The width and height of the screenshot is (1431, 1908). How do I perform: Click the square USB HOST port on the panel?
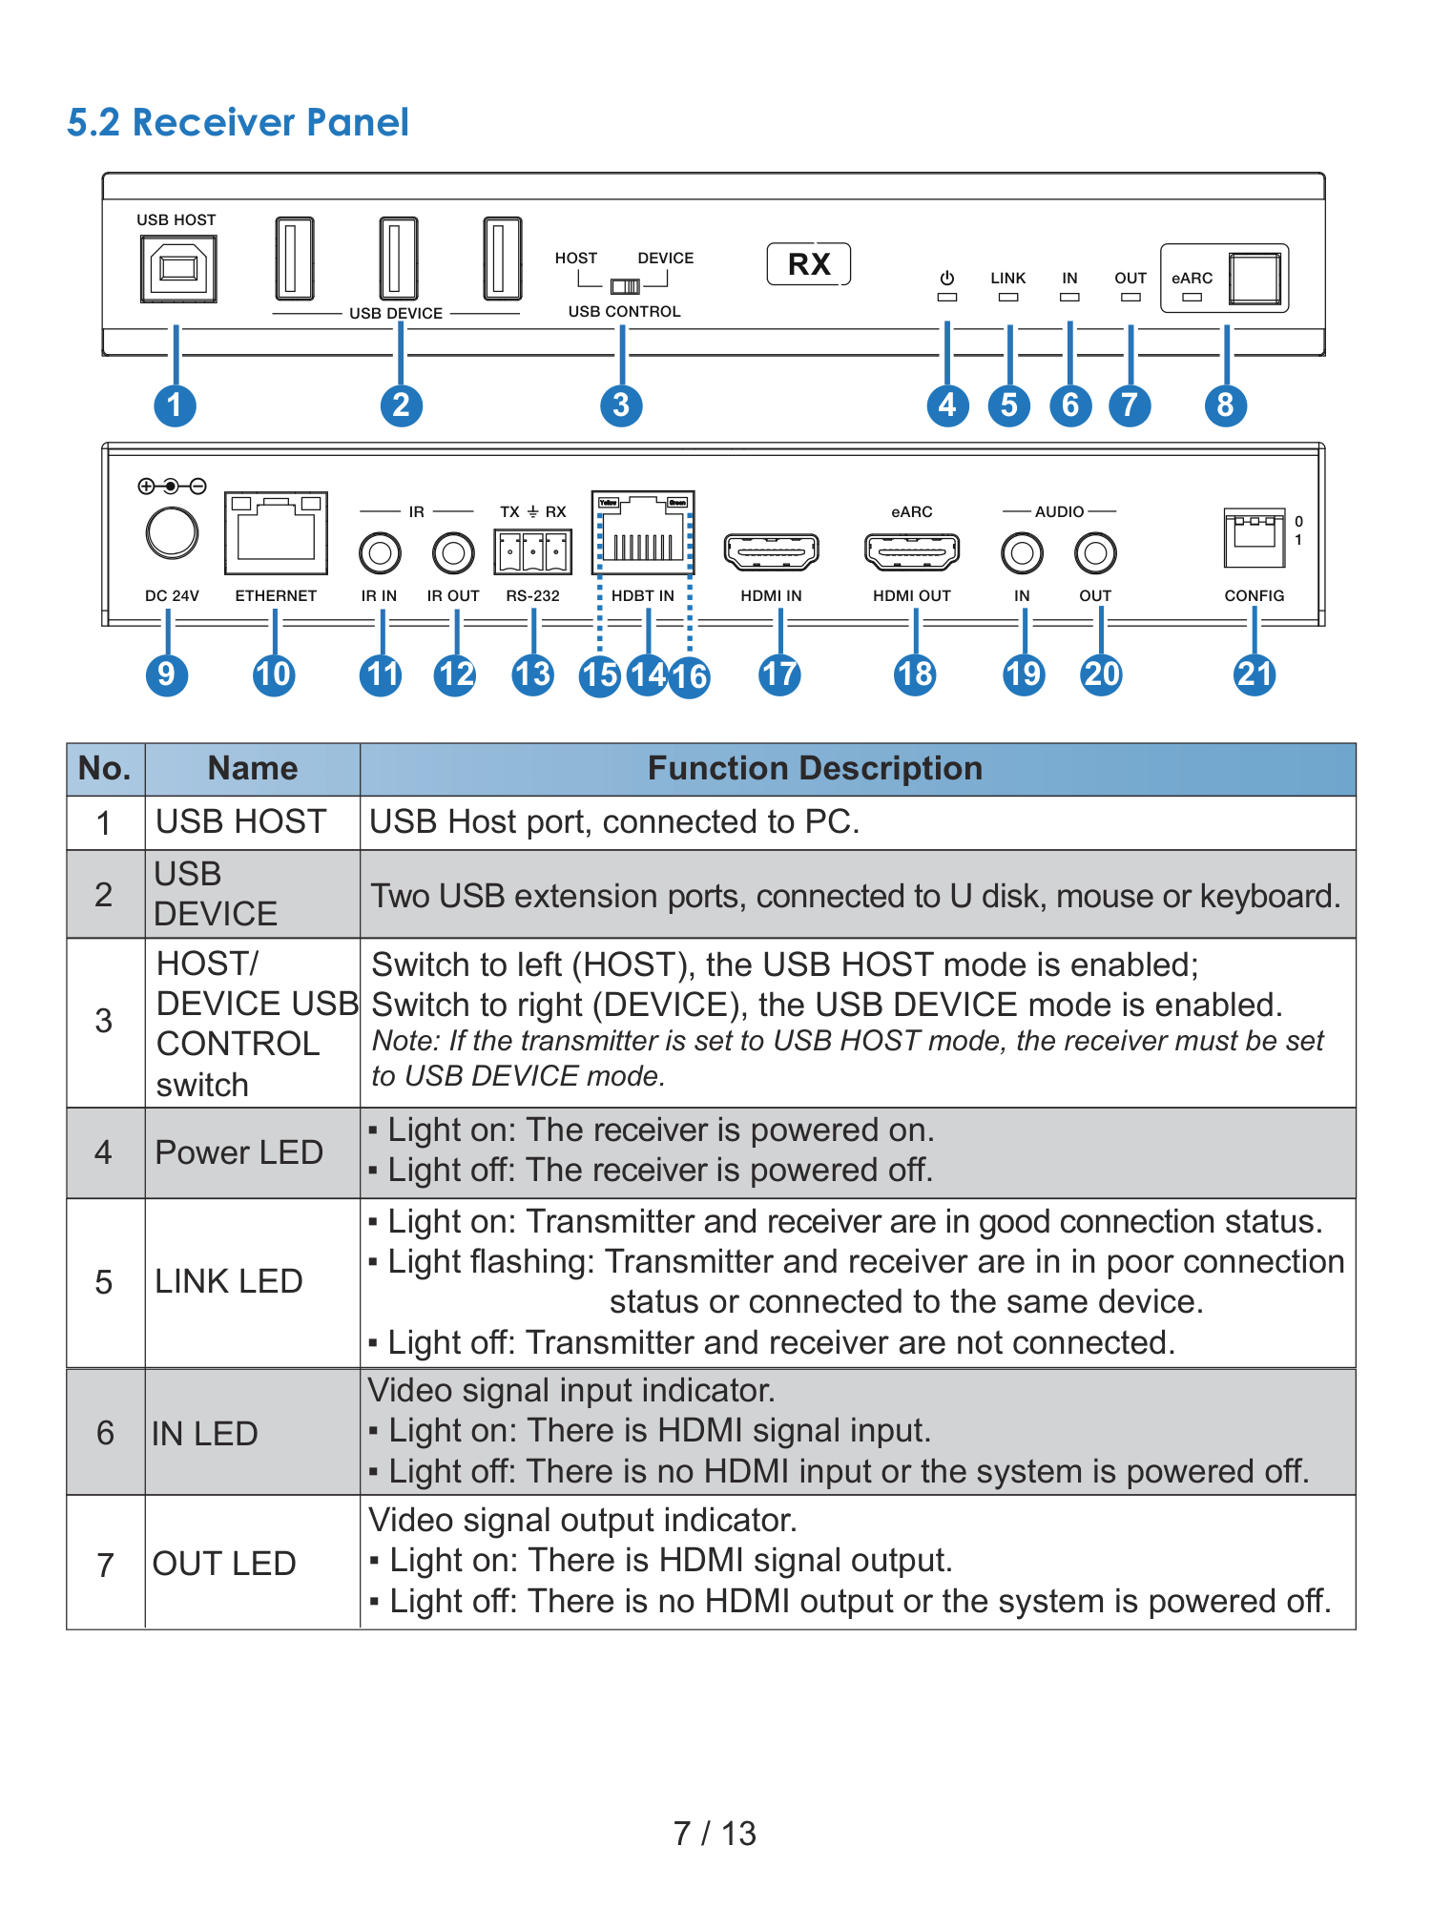(x=178, y=268)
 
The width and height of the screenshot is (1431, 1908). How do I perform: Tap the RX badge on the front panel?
(x=809, y=264)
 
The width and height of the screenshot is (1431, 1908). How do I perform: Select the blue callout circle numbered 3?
(x=621, y=405)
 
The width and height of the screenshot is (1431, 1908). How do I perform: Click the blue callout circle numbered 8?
(x=1226, y=405)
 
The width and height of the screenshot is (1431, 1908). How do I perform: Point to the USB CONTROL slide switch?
(x=626, y=286)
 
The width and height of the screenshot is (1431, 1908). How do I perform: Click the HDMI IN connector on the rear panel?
(x=771, y=552)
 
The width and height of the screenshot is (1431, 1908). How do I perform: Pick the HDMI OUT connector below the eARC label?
(x=912, y=552)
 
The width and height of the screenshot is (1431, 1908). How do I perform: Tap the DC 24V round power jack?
(x=173, y=533)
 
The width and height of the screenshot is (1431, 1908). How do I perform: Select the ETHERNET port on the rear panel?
(x=276, y=533)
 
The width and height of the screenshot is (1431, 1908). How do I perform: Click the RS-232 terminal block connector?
(x=533, y=552)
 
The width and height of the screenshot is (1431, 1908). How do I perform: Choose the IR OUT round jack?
(x=453, y=552)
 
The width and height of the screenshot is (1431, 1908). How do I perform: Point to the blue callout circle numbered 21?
(x=1255, y=675)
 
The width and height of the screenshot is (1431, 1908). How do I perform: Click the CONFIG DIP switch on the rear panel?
(x=1255, y=537)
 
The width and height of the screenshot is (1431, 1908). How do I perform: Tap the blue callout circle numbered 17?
(x=779, y=675)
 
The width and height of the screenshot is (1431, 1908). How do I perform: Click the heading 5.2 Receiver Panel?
(x=238, y=122)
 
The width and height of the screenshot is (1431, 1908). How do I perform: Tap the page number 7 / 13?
(x=715, y=1833)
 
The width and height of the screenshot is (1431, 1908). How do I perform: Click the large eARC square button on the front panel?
(x=1255, y=279)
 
